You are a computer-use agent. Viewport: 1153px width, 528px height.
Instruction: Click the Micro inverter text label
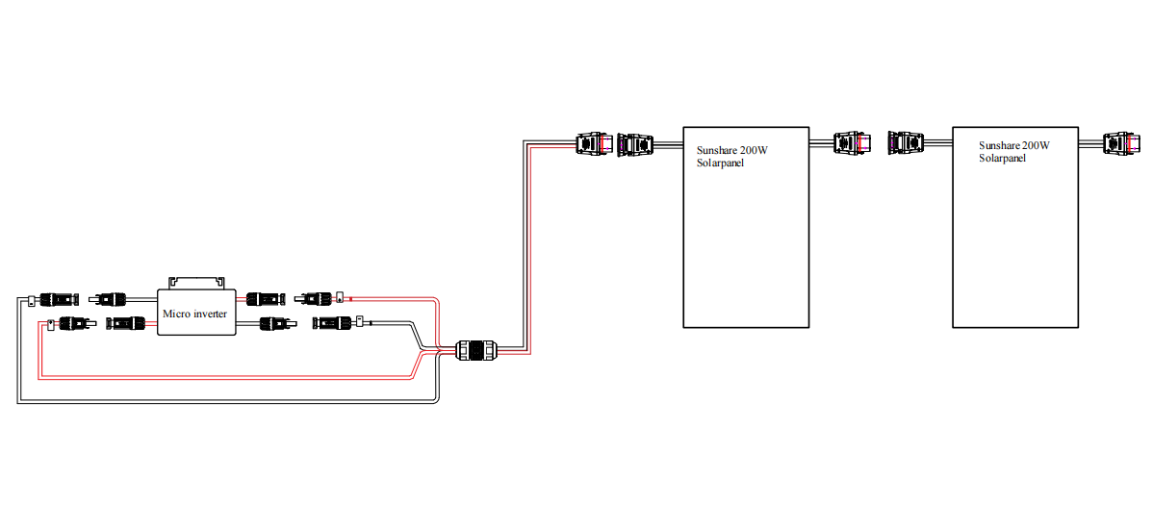(195, 314)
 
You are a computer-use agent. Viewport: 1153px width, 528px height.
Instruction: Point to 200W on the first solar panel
(756, 150)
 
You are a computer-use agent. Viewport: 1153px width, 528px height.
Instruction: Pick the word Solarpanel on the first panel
(721, 163)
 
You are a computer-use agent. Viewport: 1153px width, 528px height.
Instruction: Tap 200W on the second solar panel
(1037, 145)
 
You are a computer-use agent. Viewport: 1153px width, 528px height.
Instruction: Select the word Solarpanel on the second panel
(1003, 158)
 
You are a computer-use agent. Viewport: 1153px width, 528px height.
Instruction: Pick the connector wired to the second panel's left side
(906, 143)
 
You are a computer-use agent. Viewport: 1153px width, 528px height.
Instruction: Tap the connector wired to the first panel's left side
(634, 144)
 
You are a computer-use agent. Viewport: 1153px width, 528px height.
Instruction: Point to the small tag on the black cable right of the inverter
(358, 321)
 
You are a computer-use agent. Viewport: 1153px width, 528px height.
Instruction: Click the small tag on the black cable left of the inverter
(32, 299)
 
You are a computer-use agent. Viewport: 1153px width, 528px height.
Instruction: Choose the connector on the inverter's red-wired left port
(124, 322)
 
